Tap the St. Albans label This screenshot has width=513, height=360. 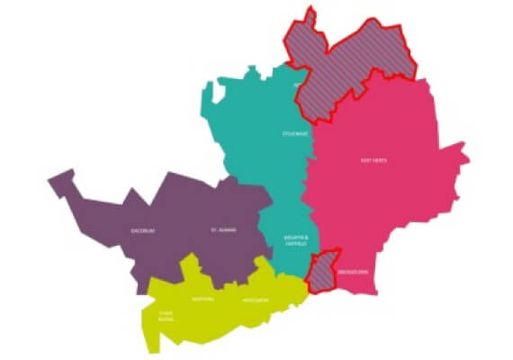[220, 230]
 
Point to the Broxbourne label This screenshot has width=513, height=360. [349, 270]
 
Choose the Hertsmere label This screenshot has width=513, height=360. [256, 300]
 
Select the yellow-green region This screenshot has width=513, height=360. [225, 310]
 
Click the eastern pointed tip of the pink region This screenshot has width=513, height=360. [467, 162]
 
